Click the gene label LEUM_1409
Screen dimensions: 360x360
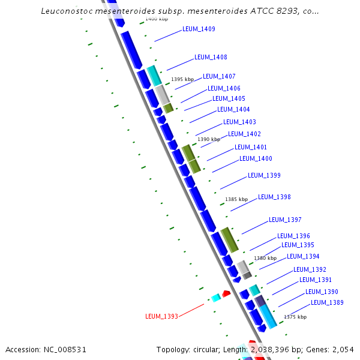(x=199, y=29)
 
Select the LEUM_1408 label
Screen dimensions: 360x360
(x=211, y=57)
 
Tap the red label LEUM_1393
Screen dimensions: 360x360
(x=161, y=316)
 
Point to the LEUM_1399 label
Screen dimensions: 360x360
(x=264, y=175)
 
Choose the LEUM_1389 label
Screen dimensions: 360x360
(x=327, y=302)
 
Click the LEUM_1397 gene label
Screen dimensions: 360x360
(x=285, y=220)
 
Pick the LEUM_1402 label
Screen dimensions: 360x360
(x=244, y=134)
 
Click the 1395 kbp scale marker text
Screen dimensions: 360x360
(x=182, y=79)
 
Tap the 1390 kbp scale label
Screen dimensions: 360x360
(x=209, y=139)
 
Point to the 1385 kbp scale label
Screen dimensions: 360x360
(x=236, y=199)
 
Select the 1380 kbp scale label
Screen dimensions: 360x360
(x=265, y=258)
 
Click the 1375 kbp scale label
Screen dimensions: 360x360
(x=295, y=317)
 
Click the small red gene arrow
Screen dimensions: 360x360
(x=226, y=293)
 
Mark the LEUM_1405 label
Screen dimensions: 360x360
(x=229, y=98)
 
